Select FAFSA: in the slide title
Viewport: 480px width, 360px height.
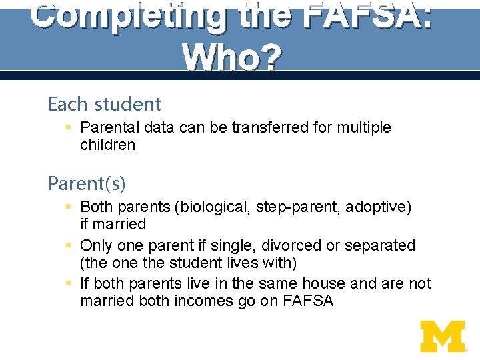pos(367,15)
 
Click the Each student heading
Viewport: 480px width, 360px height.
pos(105,104)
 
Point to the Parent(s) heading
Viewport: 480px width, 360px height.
pos(87,183)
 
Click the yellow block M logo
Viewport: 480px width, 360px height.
pos(443,336)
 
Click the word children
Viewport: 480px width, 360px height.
pos(107,145)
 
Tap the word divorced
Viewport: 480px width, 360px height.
pos(293,245)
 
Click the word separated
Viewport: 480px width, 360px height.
pos(379,245)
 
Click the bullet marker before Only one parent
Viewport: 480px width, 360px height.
pos(69,245)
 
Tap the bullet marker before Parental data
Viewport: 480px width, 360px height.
pos(69,127)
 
